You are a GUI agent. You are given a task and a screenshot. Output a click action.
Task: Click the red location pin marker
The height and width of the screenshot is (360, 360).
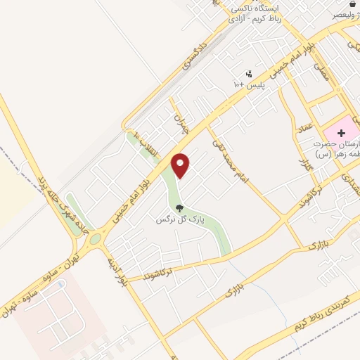[x=181, y=165]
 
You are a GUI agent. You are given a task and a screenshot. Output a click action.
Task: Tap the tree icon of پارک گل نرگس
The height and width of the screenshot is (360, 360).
[x=180, y=208]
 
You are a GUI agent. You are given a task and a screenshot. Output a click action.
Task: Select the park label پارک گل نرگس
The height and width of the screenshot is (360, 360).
[x=180, y=220]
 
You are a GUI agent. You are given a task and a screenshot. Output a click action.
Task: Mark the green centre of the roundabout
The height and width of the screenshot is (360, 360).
[x=94, y=240]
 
